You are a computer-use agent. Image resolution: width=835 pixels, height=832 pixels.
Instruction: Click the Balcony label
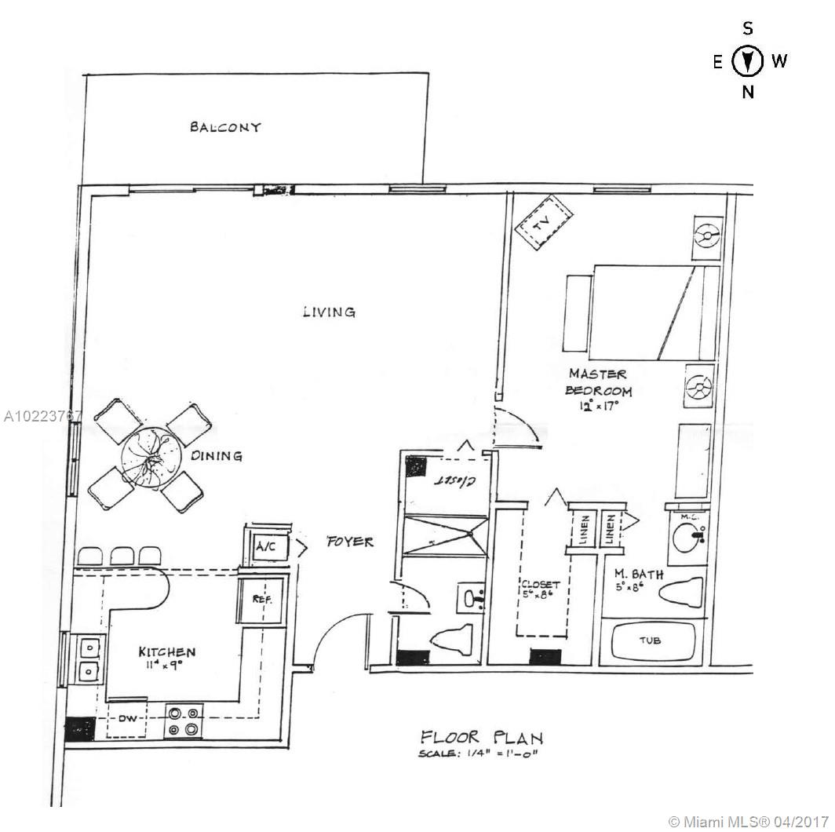tap(225, 127)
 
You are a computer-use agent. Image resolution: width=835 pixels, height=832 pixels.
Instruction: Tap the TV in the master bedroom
tap(541, 223)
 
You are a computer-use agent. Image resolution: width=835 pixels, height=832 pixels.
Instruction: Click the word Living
tap(329, 312)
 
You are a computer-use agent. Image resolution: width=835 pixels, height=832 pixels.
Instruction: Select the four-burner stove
tap(182, 722)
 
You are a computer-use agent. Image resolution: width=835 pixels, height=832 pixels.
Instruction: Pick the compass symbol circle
tap(748, 61)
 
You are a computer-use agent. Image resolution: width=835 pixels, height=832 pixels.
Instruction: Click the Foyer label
tap(350, 542)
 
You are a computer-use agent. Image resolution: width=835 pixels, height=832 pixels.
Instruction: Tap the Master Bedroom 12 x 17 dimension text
tap(600, 406)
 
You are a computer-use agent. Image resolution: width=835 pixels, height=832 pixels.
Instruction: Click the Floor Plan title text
tap(481, 737)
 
